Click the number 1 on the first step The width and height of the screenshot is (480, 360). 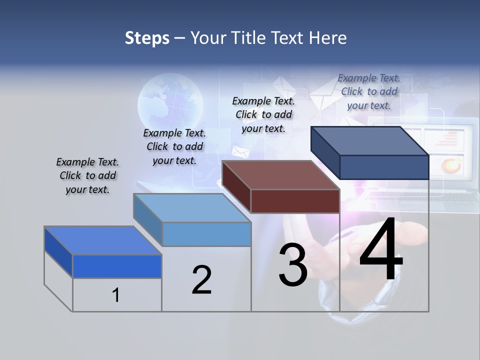pyautogui.click(x=116, y=295)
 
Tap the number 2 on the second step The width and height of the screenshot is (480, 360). pyautogui.click(x=201, y=280)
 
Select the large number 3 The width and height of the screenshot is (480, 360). pyautogui.click(x=293, y=265)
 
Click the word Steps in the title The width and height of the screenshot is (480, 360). pyautogui.click(x=147, y=38)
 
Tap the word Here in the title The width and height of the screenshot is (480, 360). pyautogui.click(x=328, y=38)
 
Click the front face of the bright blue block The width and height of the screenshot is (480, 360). pyautogui.click(x=117, y=266)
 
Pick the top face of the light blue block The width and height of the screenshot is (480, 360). pyautogui.click(x=192, y=208)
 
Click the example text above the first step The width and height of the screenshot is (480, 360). pyautogui.click(x=87, y=175)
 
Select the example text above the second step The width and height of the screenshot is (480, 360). pyautogui.click(x=174, y=146)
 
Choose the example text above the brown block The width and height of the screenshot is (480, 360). pyautogui.click(x=263, y=114)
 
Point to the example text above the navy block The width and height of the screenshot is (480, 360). pyautogui.click(x=369, y=91)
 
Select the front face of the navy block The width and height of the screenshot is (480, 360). pyautogui.click(x=384, y=167)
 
